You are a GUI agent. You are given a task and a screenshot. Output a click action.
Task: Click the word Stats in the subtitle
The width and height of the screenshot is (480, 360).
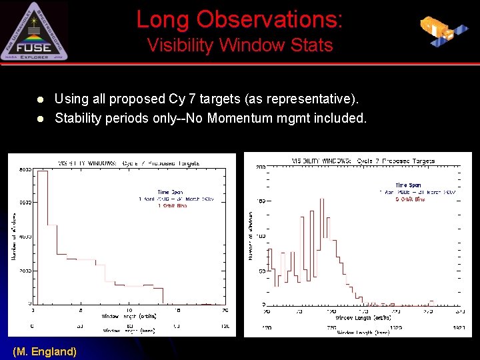coord(309,45)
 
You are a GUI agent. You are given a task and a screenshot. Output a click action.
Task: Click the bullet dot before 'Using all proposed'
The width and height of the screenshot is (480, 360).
coord(40,100)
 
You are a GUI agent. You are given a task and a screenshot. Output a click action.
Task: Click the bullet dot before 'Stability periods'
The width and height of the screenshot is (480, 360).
coord(40,119)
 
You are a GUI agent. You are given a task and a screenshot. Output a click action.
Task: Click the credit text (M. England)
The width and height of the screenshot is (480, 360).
coord(45,351)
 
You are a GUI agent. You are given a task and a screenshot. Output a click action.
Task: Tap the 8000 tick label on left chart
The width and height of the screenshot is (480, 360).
coord(25,169)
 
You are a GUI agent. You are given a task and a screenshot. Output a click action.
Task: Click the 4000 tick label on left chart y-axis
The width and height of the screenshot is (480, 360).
coord(25,237)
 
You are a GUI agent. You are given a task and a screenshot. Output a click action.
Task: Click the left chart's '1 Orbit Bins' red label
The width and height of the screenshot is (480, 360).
coord(175,206)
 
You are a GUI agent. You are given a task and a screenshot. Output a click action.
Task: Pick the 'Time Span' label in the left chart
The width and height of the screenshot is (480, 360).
coord(170,192)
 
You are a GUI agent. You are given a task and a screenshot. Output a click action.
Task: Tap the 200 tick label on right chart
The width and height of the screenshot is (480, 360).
coord(261,167)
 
